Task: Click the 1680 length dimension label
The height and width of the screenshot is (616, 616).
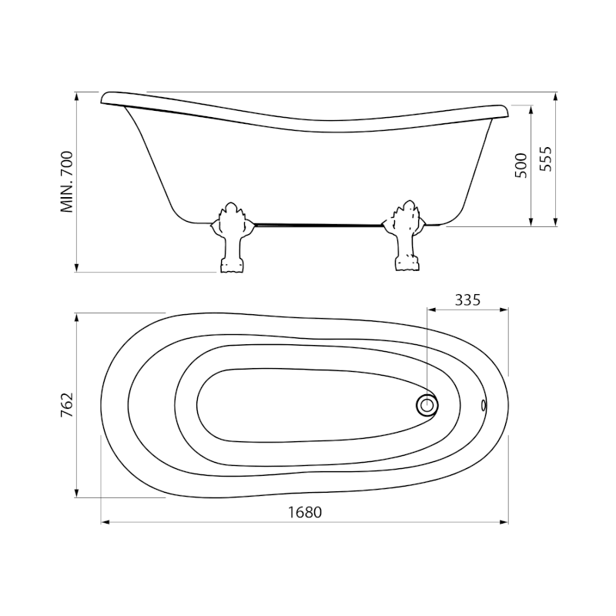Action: (305, 512)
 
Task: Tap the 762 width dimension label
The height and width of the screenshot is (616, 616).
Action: (67, 405)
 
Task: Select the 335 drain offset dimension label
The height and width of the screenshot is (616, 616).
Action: (467, 300)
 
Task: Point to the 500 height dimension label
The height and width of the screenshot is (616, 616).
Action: (521, 166)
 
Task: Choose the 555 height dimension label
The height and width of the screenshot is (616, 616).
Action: (545, 159)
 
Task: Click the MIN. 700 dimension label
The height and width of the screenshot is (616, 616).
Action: (67, 182)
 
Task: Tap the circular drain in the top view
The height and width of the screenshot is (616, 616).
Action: (427, 405)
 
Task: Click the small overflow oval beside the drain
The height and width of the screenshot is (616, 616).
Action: (484, 405)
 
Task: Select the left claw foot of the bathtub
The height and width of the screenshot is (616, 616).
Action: (232, 238)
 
